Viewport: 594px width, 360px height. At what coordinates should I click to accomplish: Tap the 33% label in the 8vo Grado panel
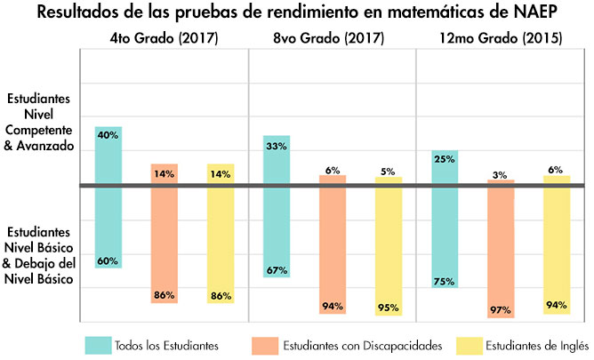(277, 145)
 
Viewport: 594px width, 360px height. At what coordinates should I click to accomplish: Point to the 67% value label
(277, 270)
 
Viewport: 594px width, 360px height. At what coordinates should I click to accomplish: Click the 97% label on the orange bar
(500, 310)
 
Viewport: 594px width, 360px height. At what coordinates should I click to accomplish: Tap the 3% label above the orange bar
(501, 175)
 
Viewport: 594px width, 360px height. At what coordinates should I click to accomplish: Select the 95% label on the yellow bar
(389, 308)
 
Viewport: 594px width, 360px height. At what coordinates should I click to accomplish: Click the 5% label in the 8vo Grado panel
(389, 172)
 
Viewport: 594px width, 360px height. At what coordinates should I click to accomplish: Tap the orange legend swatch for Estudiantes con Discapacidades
(264, 344)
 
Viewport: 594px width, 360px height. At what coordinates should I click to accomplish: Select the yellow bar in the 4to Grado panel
(221, 234)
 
